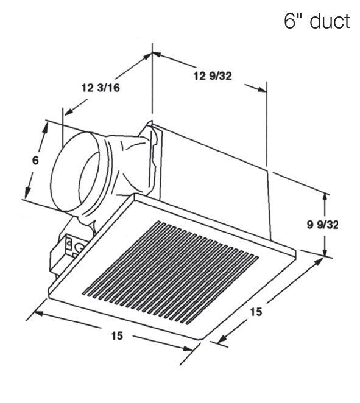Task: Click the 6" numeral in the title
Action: click(292, 21)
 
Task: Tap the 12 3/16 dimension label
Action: click(101, 88)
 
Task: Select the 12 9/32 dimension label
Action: click(213, 76)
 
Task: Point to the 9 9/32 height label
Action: click(322, 225)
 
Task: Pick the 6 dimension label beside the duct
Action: click(35, 161)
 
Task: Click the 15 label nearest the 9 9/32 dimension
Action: click(256, 312)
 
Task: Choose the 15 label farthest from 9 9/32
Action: click(116, 336)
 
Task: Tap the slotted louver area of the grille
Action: click(171, 268)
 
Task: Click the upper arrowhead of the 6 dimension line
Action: click(45, 125)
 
